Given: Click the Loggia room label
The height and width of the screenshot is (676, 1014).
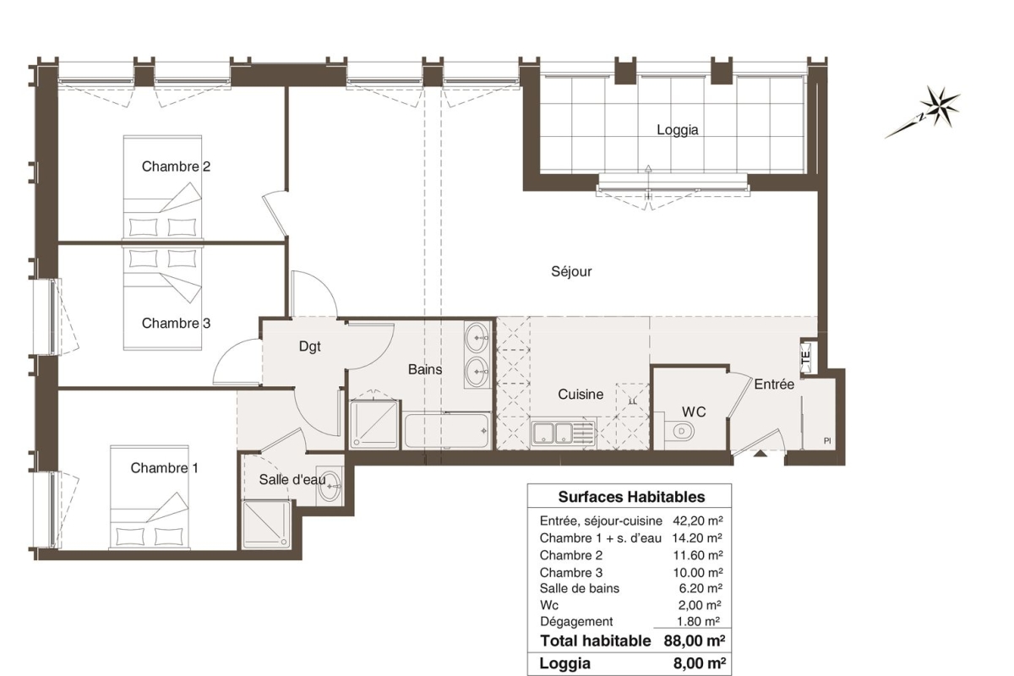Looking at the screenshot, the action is click(677, 130).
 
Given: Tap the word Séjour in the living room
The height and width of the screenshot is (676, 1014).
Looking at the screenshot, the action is click(571, 271).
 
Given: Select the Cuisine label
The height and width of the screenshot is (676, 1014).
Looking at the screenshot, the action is click(581, 394).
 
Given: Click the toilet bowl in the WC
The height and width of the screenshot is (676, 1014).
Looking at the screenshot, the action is click(681, 431).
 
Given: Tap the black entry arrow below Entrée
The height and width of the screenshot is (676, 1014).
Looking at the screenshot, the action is click(760, 453).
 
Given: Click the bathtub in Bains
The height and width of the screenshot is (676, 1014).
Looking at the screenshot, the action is click(447, 430).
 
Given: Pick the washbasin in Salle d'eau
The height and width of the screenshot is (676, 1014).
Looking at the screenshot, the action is click(329, 486).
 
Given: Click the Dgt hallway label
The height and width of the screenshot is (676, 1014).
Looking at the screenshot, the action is click(309, 346).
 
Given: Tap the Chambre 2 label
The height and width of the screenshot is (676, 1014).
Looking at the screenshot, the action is click(176, 166).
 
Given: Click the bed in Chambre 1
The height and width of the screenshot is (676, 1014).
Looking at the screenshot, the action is click(150, 497).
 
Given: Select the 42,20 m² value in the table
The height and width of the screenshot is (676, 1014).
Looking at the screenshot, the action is click(698, 521).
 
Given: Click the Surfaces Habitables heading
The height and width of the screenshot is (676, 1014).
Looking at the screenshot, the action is click(631, 497).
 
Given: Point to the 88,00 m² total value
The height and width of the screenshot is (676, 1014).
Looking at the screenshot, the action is click(695, 641).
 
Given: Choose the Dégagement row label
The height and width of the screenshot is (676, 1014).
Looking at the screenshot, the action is click(576, 622).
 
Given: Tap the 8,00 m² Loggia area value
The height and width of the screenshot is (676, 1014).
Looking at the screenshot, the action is click(700, 663).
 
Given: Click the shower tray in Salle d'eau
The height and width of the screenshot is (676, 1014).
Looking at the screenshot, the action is click(266, 524).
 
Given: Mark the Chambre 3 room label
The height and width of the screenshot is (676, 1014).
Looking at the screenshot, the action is click(176, 324).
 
